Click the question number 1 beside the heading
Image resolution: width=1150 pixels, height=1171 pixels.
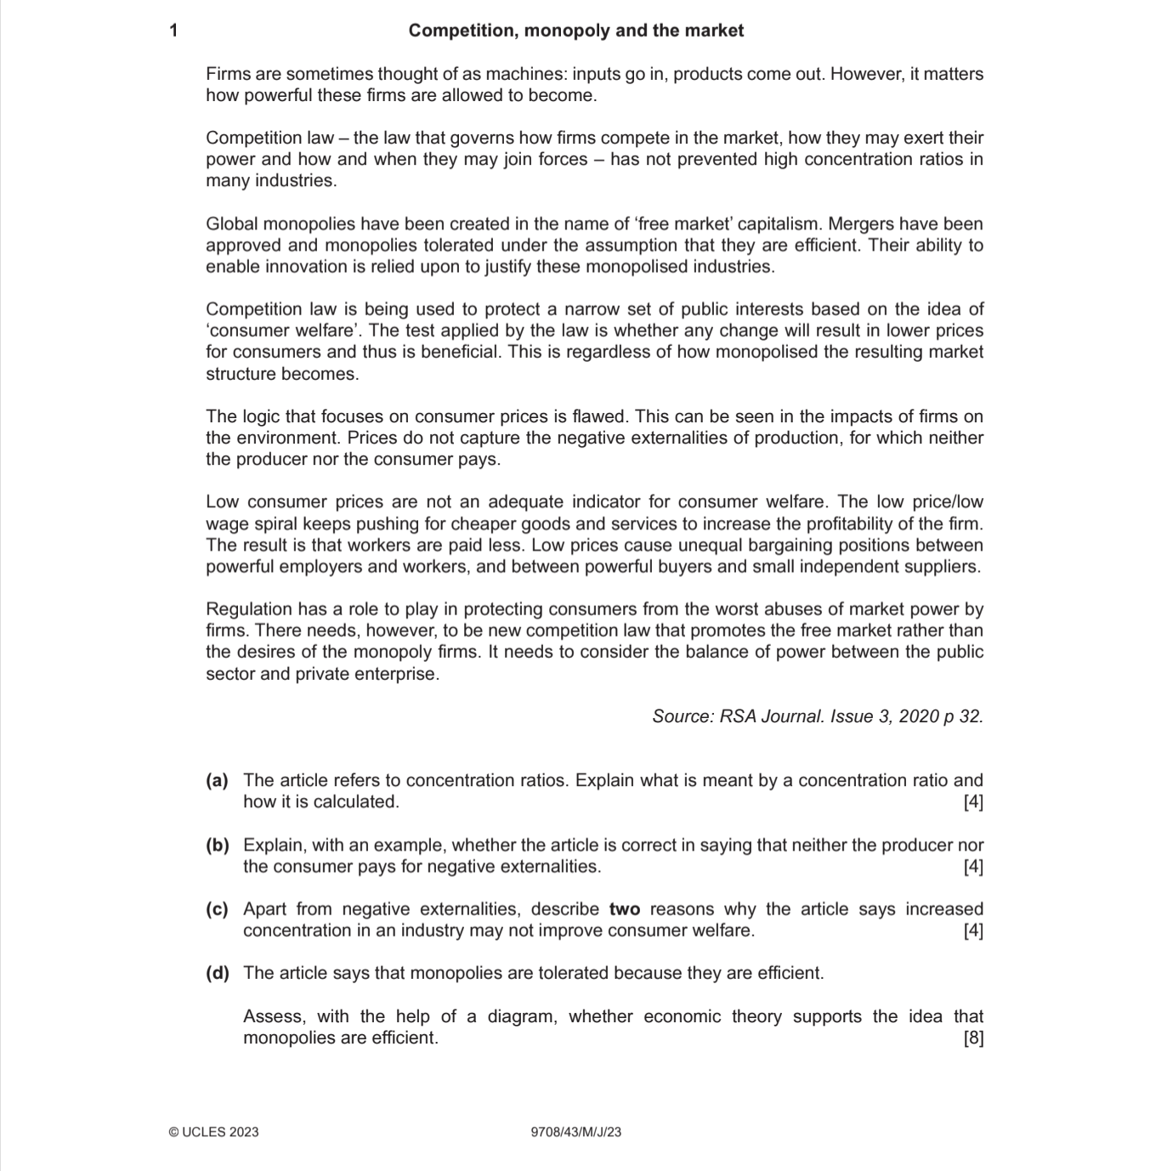pos(174,31)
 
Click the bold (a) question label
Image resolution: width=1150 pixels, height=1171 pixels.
pos(217,780)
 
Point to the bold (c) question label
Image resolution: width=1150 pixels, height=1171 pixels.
pos(217,909)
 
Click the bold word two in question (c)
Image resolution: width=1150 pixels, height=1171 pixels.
pos(625,909)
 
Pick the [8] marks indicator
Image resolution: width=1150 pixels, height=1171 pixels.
pos(973,1038)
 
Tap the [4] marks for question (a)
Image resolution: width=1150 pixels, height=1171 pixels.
pos(973,802)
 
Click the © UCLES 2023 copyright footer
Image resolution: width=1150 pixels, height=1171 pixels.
pos(214,1132)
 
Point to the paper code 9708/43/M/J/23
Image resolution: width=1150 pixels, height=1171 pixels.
pos(575,1132)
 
